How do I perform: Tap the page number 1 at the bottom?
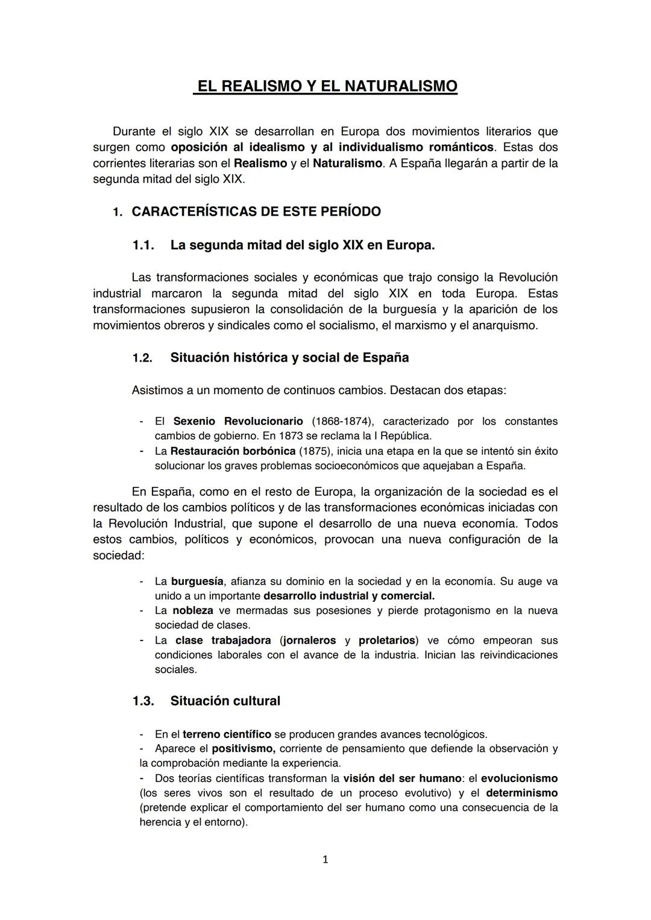325,859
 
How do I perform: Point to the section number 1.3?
143,701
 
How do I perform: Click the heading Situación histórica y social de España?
289,358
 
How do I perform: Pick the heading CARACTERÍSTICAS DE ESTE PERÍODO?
256,212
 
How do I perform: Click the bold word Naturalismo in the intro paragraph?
347,163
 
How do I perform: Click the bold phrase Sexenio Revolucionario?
238,421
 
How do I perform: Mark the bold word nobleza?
193,610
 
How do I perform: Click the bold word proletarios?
387,640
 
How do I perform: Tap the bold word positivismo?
244,748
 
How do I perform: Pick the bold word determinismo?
521,793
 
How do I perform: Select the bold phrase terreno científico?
227,734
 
